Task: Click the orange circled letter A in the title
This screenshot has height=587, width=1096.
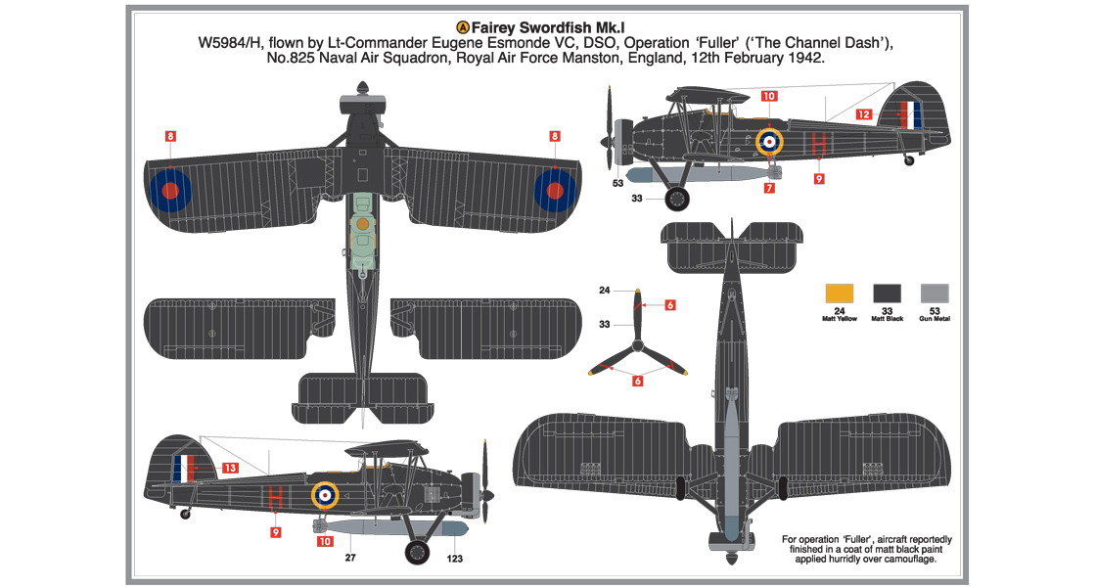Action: (464, 27)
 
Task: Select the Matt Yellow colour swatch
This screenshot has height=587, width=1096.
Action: (840, 293)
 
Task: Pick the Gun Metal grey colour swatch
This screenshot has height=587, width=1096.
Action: (935, 293)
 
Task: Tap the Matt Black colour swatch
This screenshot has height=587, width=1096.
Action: (887, 293)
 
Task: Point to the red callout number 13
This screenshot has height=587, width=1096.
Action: (229, 469)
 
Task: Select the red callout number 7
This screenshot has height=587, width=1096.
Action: (769, 187)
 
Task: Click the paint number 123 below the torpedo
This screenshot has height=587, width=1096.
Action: (455, 560)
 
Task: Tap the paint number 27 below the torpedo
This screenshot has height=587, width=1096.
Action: (348, 560)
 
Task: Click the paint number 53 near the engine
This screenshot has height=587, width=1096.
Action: (617, 182)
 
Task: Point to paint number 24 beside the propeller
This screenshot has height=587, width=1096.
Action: (604, 291)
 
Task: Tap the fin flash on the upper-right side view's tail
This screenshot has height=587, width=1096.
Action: (910, 115)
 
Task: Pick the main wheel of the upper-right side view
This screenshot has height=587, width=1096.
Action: (676, 200)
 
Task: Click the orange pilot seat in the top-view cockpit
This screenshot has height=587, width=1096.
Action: (362, 224)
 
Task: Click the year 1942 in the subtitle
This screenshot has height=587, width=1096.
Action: (802, 59)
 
